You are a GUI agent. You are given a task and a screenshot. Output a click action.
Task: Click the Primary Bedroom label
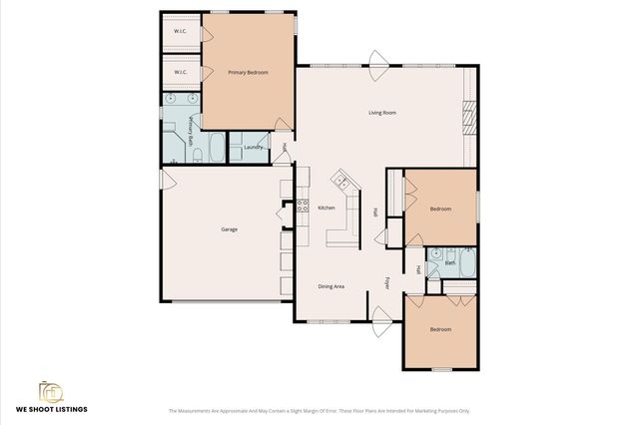pos(248,73)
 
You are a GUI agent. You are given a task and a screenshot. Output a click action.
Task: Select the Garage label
pos(229,229)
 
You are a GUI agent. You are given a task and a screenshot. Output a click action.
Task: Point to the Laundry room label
pos(253,149)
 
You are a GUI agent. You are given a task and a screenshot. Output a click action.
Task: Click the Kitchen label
pos(326,208)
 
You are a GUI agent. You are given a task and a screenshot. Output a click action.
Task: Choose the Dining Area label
pos(331,286)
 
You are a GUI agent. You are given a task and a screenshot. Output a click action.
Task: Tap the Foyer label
pos(388,283)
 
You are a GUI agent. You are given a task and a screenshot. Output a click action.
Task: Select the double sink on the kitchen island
pos(341,182)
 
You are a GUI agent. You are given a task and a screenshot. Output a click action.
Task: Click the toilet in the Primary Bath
pos(198,155)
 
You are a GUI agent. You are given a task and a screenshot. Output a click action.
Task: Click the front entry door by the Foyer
pos(379,321)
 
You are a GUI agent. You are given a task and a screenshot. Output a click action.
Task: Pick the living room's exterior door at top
pos(376,59)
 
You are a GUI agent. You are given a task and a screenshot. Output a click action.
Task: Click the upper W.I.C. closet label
pos(181,31)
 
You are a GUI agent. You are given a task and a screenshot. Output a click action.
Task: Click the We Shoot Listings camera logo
pos(49,389)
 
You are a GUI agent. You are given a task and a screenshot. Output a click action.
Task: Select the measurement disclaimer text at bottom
pos(319,410)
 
